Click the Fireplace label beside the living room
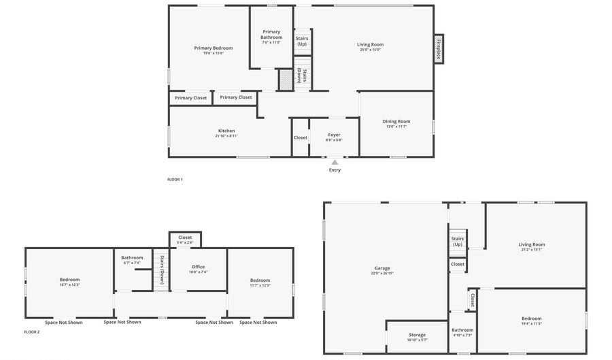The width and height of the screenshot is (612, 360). tap(439, 49)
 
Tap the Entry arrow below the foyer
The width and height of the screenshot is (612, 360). tap(335, 163)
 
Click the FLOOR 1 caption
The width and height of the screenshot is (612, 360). tap(175, 180)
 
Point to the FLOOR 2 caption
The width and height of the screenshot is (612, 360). tap(32, 332)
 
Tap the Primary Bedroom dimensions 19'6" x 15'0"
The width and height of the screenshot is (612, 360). tap(213, 53)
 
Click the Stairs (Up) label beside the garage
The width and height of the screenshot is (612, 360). tap(458, 242)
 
